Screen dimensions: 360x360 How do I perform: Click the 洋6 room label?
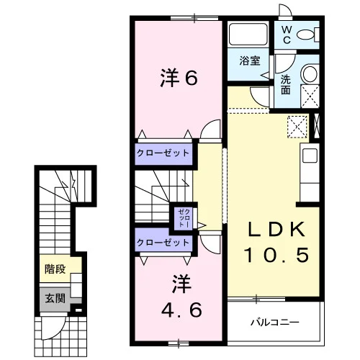point(179,78)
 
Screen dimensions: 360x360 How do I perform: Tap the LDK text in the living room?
point(276,230)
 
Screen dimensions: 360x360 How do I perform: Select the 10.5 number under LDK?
point(276,254)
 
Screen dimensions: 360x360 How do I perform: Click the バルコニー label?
point(275,322)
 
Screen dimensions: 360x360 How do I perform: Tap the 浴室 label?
point(250,60)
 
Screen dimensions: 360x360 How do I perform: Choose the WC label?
point(287,35)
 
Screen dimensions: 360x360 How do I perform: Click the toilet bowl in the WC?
point(305,35)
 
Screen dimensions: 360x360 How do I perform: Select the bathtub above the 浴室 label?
point(248,34)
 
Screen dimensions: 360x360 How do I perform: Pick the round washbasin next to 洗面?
point(310,73)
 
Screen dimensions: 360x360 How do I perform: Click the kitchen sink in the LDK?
point(310,156)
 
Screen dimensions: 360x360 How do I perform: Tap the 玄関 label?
point(55,298)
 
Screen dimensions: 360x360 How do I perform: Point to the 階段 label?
point(55,269)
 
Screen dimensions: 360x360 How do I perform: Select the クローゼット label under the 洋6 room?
point(163,153)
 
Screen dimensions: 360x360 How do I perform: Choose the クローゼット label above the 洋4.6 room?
point(163,243)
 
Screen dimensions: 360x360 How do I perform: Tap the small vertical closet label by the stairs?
point(184,218)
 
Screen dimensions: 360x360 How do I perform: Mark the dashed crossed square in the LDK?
point(297,127)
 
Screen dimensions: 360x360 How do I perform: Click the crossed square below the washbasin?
point(310,96)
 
